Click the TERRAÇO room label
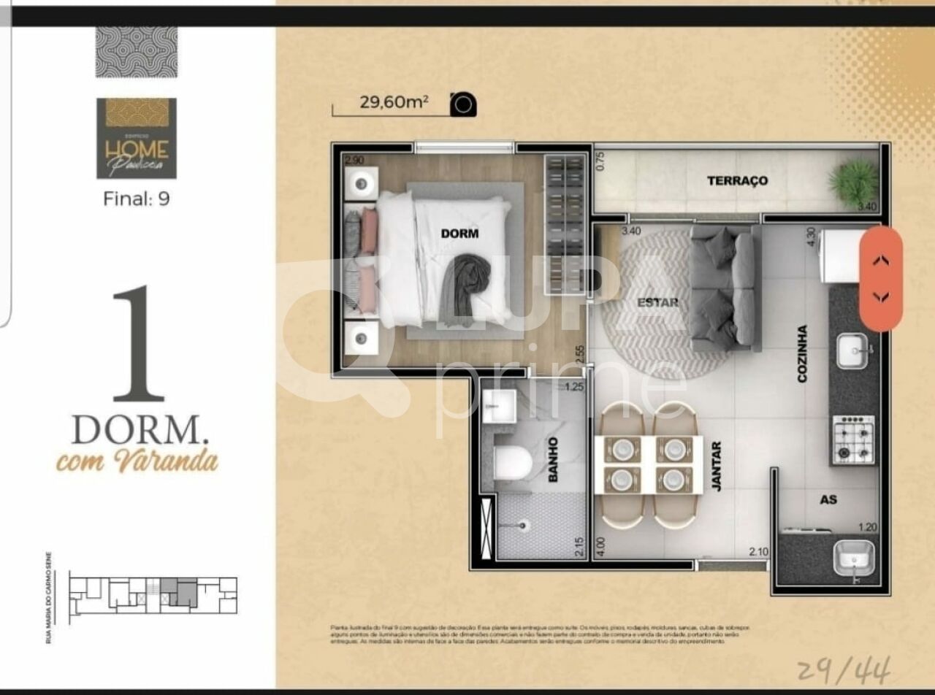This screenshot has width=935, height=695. click(737, 180)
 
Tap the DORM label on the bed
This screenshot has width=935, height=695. click(459, 234)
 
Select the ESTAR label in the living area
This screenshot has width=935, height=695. click(657, 302)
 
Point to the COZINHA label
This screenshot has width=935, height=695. click(802, 354)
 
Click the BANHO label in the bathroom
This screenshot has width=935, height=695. click(553, 459)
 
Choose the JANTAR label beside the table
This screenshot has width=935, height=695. click(716, 466)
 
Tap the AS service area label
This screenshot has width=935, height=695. click(828, 500)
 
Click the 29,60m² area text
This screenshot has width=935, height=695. click(393, 102)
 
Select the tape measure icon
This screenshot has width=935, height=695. click(463, 104)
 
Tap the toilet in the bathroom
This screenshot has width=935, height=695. click(512, 463)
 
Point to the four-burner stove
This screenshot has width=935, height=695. click(854, 439)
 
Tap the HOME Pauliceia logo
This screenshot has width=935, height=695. click(137, 139)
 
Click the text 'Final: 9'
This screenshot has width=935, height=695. click(137, 198)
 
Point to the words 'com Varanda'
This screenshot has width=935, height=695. click(137, 461)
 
